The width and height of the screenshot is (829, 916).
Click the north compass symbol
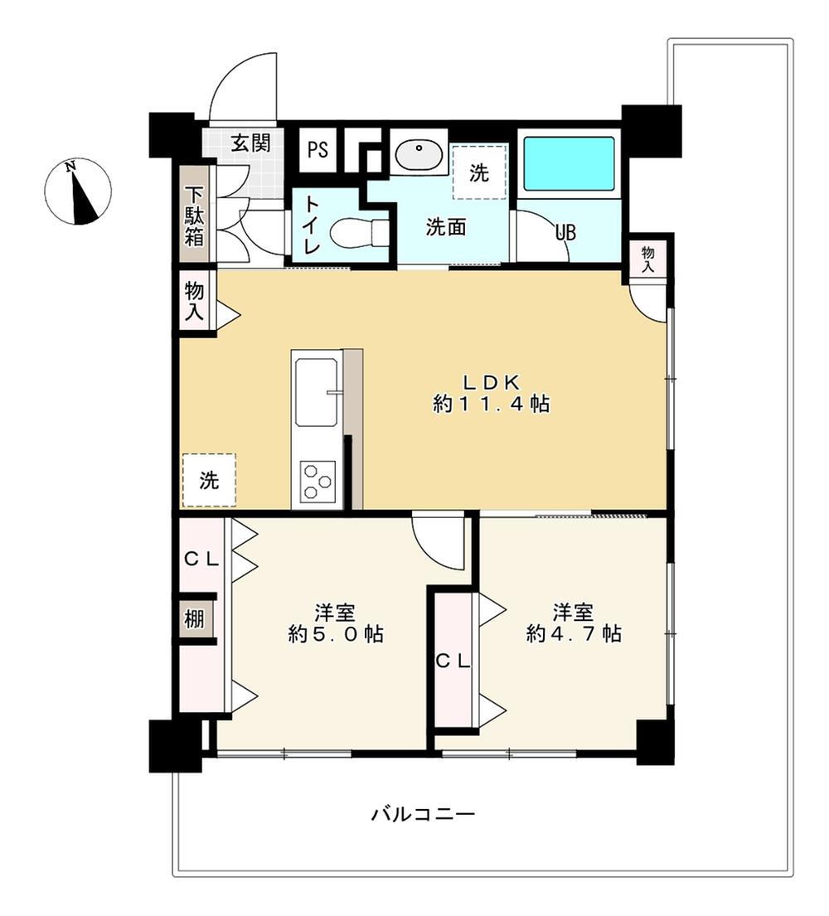click(78, 191)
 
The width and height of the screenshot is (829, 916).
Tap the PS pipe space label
click(318, 150)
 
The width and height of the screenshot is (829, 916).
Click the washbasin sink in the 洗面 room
click(419, 153)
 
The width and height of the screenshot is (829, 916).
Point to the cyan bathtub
click(569, 163)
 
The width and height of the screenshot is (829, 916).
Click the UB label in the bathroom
click(565, 232)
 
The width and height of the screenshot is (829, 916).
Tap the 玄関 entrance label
click(250, 143)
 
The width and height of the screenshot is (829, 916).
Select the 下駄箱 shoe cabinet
click(194, 215)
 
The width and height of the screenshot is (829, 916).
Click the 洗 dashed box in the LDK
click(209, 480)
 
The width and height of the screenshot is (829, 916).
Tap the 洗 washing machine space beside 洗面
click(479, 172)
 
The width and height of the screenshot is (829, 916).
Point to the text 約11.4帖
click(491, 404)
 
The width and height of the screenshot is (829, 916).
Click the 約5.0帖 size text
click(336, 633)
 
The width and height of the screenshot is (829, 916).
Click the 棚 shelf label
click(194, 618)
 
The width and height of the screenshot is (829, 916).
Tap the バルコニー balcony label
click(424, 813)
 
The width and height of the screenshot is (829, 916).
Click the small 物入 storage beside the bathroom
click(648, 258)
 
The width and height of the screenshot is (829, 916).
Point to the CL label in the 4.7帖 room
click(453, 662)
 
